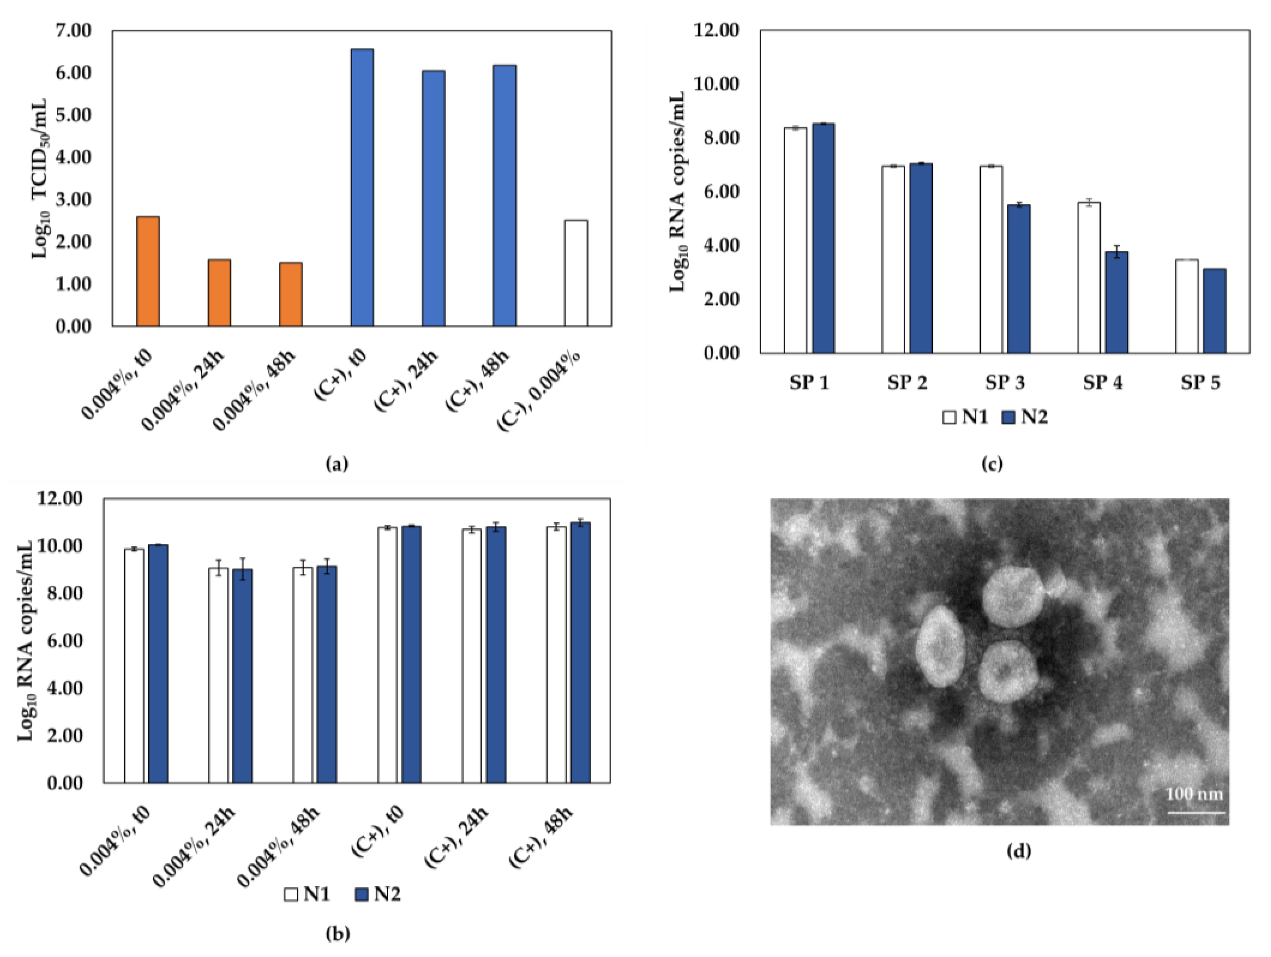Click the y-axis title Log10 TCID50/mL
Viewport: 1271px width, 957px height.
tap(39, 178)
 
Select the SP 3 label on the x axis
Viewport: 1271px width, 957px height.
tap(1005, 383)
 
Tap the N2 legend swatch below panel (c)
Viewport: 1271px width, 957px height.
tap(1008, 417)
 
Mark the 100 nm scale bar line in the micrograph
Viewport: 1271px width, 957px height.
tap(1196, 813)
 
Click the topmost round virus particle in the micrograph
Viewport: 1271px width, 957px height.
tap(1013, 596)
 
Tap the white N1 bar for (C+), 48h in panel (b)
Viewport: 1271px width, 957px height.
tap(556, 655)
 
